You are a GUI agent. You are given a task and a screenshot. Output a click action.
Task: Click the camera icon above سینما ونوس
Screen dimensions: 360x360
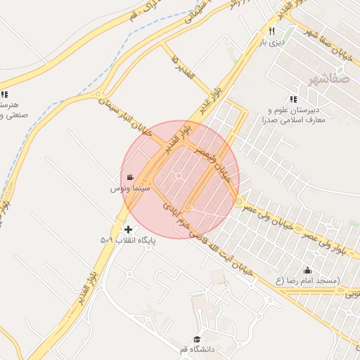click(x=131, y=178)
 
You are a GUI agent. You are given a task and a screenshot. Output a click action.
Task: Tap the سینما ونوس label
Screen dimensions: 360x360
click(x=127, y=189)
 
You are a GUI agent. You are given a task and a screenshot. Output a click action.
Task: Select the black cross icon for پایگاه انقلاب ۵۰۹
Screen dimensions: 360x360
click(x=128, y=229)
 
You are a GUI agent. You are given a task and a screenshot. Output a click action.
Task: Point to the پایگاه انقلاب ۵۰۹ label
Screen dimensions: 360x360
click(x=127, y=240)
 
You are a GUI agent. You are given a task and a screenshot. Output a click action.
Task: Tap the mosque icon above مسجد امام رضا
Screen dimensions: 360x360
click(x=307, y=270)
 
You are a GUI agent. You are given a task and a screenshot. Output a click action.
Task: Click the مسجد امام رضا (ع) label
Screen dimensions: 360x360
click(x=307, y=281)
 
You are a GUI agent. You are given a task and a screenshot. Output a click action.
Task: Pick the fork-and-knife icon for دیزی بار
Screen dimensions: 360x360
click(x=271, y=32)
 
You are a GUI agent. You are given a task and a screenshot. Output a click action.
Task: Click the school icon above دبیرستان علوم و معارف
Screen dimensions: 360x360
click(x=292, y=99)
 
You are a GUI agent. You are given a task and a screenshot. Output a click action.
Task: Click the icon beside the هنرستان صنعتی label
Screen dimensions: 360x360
click(x=4, y=94)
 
